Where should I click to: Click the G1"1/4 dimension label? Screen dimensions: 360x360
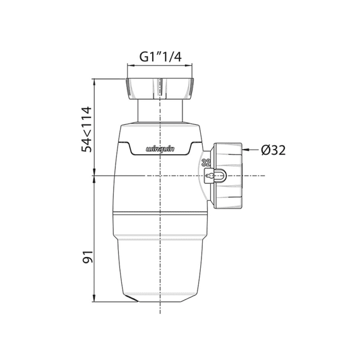(x=160, y=57)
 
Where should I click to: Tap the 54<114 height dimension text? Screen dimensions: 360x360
(x=87, y=129)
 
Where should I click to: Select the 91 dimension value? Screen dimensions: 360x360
(x=88, y=257)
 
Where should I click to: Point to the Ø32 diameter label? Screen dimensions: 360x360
(x=273, y=150)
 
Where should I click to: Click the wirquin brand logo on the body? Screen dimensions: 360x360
(x=160, y=150)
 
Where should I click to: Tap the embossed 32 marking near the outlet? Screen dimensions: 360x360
(x=206, y=163)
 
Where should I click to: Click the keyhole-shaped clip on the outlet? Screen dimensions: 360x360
(x=215, y=176)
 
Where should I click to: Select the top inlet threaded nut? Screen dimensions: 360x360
(x=160, y=88)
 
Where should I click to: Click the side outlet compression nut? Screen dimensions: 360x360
(x=228, y=176)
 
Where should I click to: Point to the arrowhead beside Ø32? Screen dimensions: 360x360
(x=245, y=150)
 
